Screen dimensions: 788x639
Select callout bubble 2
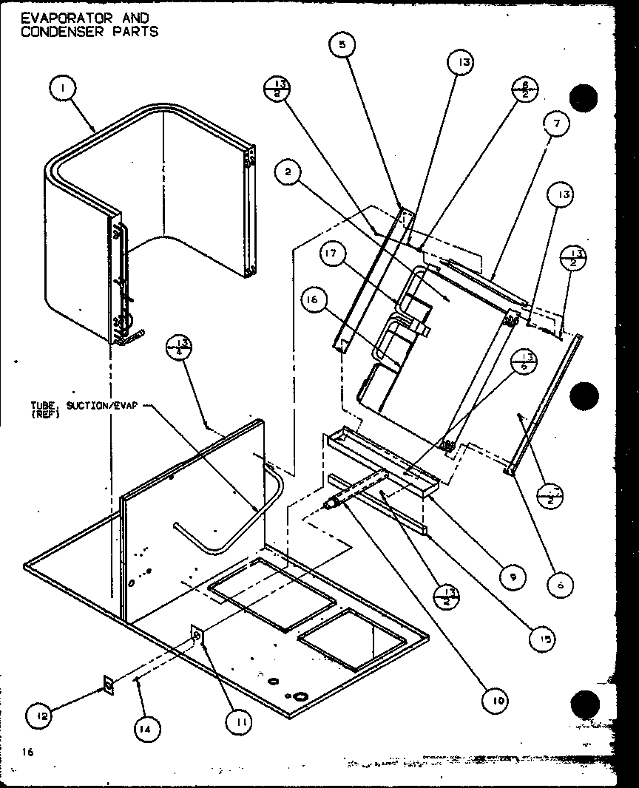(288, 173)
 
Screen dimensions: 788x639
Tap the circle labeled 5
(342, 46)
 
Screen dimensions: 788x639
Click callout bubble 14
(147, 728)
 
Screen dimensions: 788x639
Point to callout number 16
(314, 299)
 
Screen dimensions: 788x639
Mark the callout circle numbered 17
(334, 255)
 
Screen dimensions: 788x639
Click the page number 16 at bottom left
(27, 752)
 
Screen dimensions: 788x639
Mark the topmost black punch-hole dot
(584, 98)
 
